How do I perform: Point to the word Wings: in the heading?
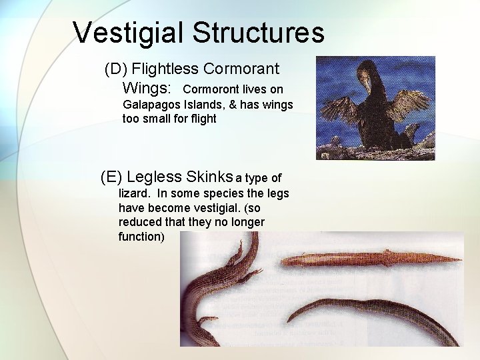tap(147, 88)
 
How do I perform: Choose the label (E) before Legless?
tap(111, 177)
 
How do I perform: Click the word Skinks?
tap(209, 177)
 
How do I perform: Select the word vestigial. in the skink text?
tap(206, 208)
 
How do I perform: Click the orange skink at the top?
tap(367, 259)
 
